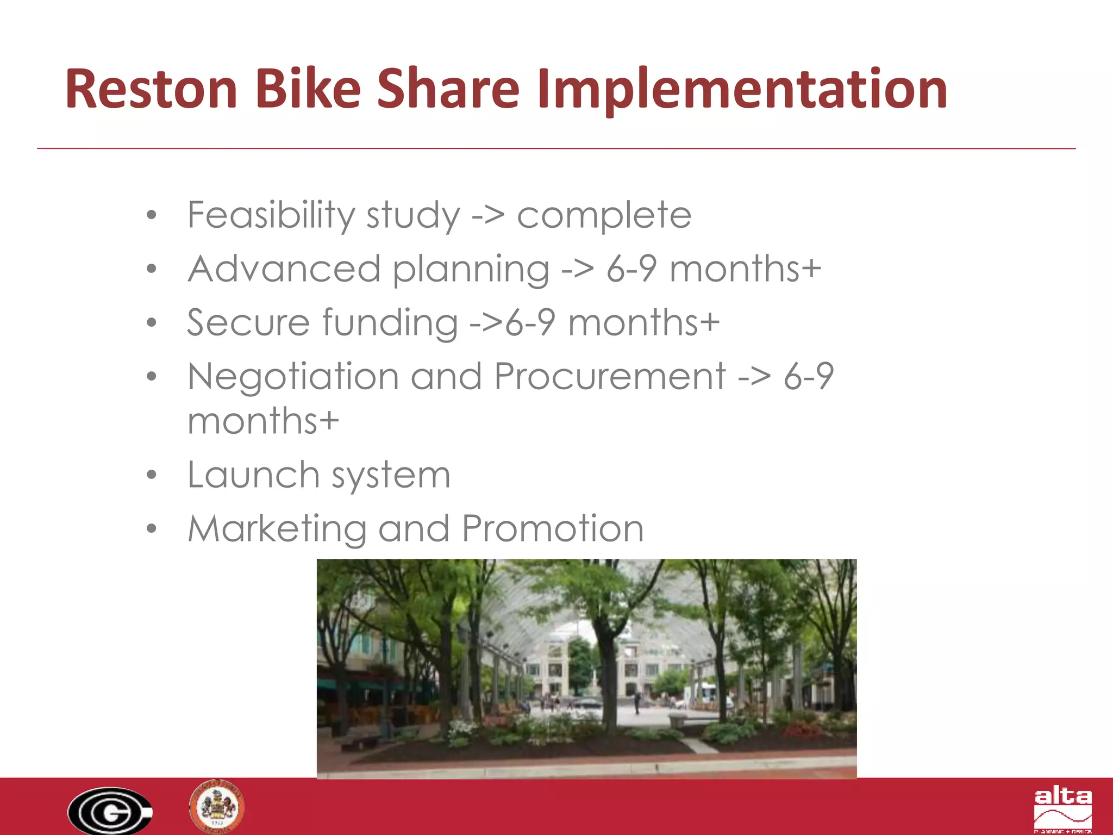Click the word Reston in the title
click(x=151, y=89)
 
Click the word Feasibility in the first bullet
click(x=270, y=215)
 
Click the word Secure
click(x=248, y=322)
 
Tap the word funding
click(x=390, y=323)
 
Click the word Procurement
click(x=610, y=376)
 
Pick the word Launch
click(x=253, y=475)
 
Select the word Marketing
click(x=277, y=529)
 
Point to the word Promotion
click(x=553, y=528)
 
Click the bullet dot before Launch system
click(x=152, y=475)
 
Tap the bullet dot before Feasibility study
click(x=152, y=215)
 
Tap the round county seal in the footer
click(x=217, y=807)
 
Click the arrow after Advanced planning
click(x=578, y=269)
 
